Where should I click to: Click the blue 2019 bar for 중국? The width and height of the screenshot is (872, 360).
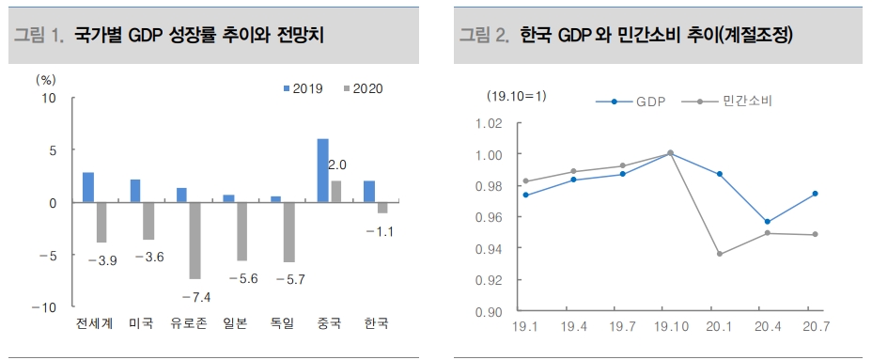(x=322, y=170)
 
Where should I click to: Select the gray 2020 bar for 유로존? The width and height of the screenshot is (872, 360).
(x=195, y=241)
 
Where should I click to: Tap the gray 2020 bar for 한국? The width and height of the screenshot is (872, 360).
(x=382, y=208)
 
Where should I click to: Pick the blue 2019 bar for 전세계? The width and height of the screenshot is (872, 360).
(x=88, y=187)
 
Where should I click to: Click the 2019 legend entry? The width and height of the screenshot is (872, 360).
(x=303, y=88)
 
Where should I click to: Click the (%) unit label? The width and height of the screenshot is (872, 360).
(x=46, y=79)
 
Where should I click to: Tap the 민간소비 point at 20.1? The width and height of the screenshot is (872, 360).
(x=719, y=254)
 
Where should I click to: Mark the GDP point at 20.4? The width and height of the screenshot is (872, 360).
(x=767, y=222)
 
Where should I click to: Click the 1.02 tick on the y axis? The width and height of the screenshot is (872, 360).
(x=490, y=123)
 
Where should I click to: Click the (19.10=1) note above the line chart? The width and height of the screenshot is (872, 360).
(x=516, y=96)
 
